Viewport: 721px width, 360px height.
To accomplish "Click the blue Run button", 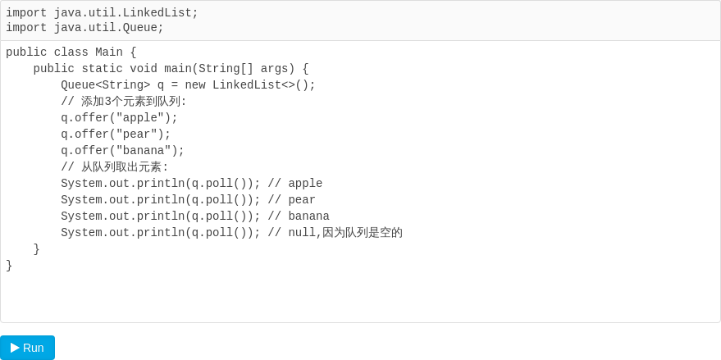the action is click(28, 348).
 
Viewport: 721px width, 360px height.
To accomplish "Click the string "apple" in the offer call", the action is click(140, 118).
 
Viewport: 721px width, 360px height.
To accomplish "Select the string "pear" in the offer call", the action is click(136, 134).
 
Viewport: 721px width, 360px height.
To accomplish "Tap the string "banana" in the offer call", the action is click(144, 151).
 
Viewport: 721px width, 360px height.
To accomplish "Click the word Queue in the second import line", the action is click(139, 28).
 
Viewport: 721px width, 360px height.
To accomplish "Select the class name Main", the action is click(109, 52).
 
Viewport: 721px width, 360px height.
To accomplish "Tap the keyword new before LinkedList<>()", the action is click(195, 85).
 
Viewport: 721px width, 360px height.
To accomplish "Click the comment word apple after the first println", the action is click(305, 184).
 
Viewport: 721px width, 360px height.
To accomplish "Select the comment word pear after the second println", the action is click(302, 200).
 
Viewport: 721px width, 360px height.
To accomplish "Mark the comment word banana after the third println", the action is click(309, 216).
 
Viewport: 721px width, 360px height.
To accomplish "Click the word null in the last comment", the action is click(302, 233).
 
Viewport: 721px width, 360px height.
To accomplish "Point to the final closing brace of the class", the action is click(9, 266).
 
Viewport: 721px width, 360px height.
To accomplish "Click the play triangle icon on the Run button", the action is click(15, 348).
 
